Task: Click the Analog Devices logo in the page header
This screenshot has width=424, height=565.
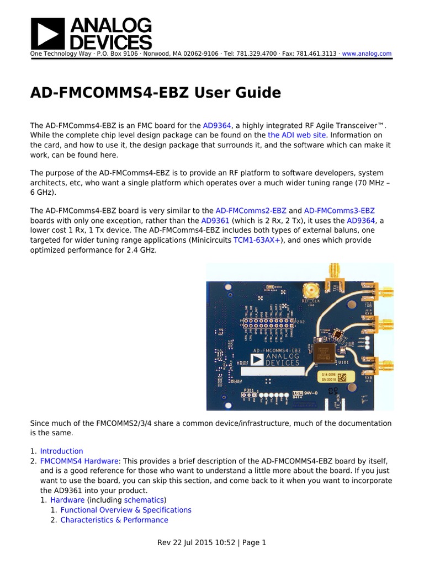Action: pos(91,33)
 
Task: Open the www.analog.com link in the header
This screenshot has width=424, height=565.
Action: pos(367,54)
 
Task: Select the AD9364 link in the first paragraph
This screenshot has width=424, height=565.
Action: pos(217,126)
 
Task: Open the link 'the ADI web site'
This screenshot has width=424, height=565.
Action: pos(297,135)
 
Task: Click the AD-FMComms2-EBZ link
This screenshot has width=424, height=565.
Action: pos(251,211)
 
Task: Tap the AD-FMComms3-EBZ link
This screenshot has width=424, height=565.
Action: pos(339,211)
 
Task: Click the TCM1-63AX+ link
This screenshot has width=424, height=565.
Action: pos(257,241)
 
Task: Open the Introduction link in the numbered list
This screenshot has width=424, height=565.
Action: pos(61,451)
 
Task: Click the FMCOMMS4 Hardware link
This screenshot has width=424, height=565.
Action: pos(79,461)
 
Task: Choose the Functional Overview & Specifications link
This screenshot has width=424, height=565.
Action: pos(126,510)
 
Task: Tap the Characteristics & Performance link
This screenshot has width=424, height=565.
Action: pos(114,520)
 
